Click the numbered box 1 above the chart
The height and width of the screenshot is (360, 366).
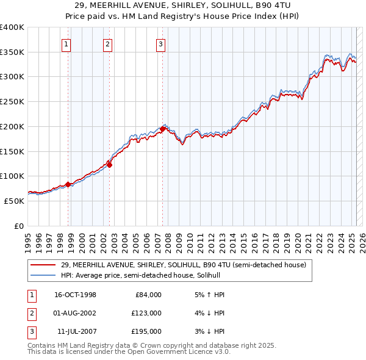point(65,44)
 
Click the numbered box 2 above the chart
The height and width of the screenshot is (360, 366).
point(107,44)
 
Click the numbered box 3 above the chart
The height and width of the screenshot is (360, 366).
point(160,44)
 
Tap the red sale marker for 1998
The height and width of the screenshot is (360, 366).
point(68,184)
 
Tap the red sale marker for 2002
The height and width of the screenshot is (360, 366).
point(109,164)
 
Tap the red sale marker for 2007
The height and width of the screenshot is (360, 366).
point(163,129)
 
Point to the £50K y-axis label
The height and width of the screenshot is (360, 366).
point(14,200)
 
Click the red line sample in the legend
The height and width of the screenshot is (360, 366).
point(43,265)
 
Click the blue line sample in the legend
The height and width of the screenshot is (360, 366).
point(43,275)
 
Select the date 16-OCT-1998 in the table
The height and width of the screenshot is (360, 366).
point(76,295)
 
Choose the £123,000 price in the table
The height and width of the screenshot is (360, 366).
point(147,313)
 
